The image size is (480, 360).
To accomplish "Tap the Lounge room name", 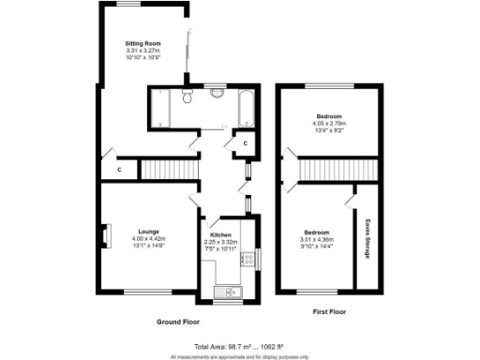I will click(x=148, y=231).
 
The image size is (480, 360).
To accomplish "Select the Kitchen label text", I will click(x=220, y=235).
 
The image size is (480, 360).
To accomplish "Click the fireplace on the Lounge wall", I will click(x=106, y=232).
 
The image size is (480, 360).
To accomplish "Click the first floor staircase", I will click(x=337, y=170).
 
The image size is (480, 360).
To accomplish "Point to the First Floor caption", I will click(x=331, y=309).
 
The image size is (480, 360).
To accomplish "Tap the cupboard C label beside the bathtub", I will click(x=244, y=143).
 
